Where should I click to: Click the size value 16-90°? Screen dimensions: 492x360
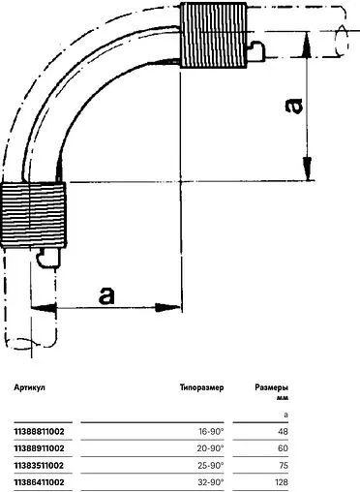210,431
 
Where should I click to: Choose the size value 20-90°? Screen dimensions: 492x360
210,447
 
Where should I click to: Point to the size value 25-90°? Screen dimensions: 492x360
210,464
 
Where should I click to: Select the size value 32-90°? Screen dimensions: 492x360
210,480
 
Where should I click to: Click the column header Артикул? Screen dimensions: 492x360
29,386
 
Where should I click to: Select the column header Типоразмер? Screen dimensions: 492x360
201,386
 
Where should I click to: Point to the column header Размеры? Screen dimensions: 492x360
273,386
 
